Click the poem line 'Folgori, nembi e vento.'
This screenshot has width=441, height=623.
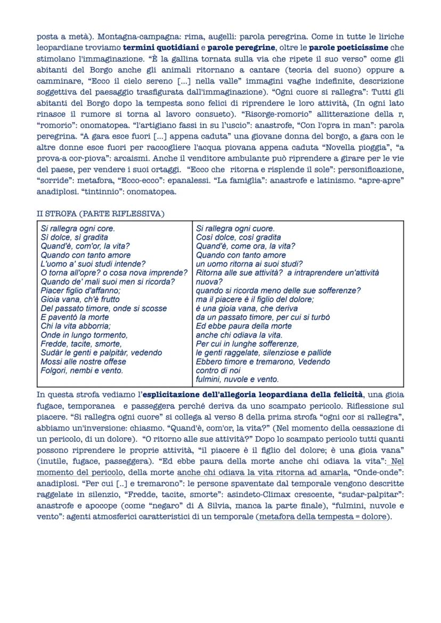pyautogui.click(x=82, y=370)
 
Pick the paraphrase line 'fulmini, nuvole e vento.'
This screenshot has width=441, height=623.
pyautogui.click(x=237, y=379)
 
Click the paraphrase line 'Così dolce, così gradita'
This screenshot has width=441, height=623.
pyautogui.click(x=239, y=237)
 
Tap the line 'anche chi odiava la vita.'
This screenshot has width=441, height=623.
pyautogui.click(x=239, y=335)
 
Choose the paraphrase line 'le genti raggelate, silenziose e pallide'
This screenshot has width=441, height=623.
pyautogui.click(x=264, y=353)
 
